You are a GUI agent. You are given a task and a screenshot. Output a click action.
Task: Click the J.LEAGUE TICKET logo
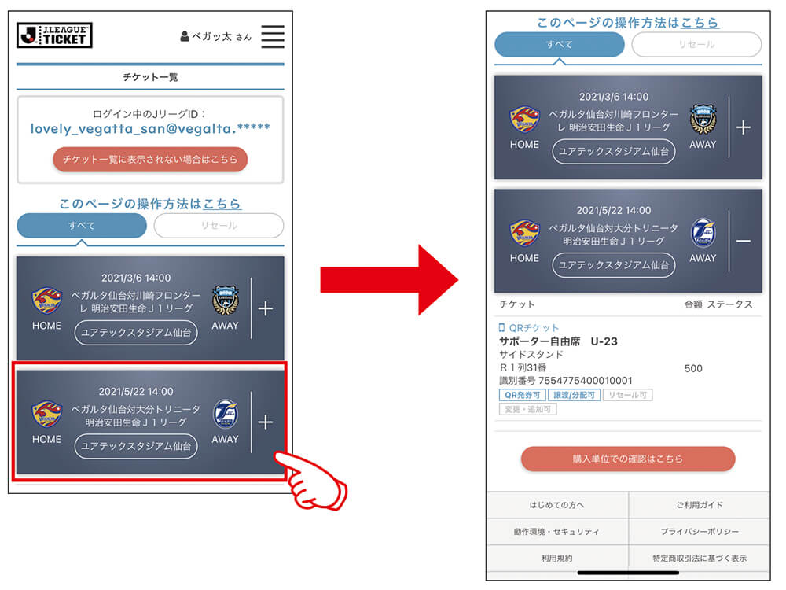(54, 35)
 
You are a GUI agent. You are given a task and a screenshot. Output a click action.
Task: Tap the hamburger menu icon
(273, 36)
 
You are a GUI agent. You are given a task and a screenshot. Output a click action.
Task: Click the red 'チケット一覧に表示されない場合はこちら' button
(150, 160)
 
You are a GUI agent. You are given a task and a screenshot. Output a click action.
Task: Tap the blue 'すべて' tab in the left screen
(82, 226)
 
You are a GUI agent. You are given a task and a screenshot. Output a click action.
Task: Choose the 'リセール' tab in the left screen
(219, 226)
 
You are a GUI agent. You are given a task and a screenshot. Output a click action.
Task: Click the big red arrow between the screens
(389, 280)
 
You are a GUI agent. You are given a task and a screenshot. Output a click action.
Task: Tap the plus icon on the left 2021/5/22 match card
(266, 422)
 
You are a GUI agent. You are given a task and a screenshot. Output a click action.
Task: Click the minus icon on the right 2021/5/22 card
(744, 242)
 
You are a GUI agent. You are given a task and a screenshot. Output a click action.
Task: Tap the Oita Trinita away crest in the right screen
(703, 233)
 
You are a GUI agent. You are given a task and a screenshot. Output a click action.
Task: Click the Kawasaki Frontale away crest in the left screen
(225, 301)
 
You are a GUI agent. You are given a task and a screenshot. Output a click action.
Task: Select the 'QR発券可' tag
(523, 396)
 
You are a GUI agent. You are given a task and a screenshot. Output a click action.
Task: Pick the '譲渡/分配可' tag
(574, 396)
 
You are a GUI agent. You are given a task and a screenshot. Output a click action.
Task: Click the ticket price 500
(693, 369)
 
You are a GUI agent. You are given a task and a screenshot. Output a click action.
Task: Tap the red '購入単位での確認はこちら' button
(628, 459)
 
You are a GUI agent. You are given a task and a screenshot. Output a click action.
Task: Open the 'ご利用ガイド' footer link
(700, 505)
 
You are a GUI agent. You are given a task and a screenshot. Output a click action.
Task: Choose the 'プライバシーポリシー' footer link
(700, 532)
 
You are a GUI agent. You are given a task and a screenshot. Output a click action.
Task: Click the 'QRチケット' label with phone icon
(529, 328)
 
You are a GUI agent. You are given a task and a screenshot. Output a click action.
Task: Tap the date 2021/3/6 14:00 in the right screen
(614, 97)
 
